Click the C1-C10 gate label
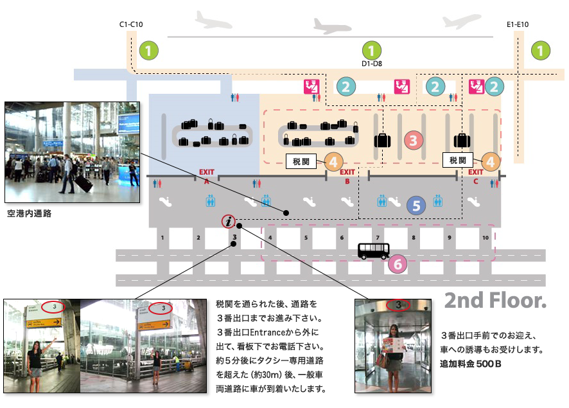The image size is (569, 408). click(131, 24)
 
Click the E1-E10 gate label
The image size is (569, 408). click(517, 24)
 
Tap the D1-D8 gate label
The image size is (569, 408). click(372, 64)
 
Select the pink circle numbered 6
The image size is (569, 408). click(398, 263)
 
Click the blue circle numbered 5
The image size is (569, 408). click(416, 206)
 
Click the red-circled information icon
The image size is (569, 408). click(229, 222)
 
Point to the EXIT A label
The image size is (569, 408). click(207, 176)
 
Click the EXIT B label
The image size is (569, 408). click(347, 176)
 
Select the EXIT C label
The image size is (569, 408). click(475, 176)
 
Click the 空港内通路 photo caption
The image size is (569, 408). click(29, 213)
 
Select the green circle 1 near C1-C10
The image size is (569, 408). click(149, 49)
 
